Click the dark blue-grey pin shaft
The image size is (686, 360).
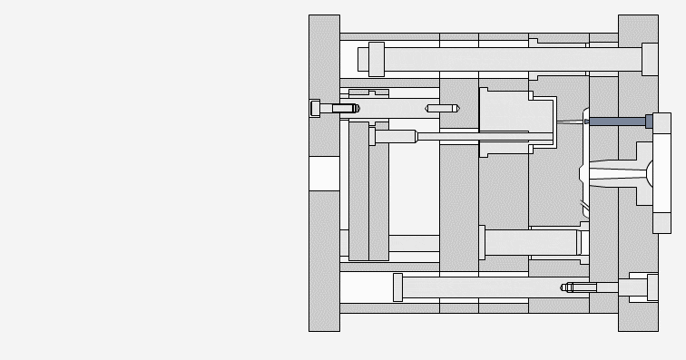pos(616,121)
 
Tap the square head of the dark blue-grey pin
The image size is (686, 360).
pos(650,121)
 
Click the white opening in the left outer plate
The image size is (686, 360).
pos(324,173)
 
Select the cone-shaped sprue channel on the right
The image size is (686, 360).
pos(617,172)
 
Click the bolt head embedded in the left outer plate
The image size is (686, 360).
pos(315,108)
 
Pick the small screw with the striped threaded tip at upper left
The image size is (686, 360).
pos(346,108)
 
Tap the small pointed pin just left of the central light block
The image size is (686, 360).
pos(442,108)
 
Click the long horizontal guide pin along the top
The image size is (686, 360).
pos(508,60)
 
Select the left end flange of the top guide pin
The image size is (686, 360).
pos(376,59)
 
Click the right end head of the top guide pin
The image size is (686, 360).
pos(650,59)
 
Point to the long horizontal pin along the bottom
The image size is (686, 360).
pos(481,287)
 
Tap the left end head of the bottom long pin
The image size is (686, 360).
pos(397,287)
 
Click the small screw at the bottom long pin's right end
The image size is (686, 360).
pos(581,287)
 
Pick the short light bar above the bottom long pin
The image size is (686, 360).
pos(531,242)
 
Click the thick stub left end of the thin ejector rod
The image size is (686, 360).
pos(395,137)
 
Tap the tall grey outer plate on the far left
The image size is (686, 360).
pos(324,254)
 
